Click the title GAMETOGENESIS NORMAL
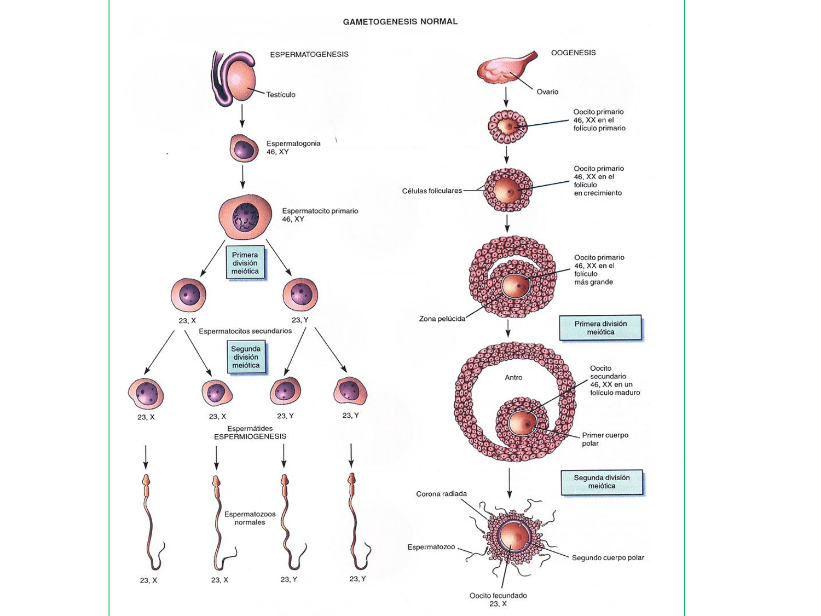pyautogui.click(x=400, y=22)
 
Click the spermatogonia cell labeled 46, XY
pyautogui.click(x=244, y=148)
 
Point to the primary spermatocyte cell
pyautogui.click(x=245, y=217)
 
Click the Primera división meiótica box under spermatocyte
pyautogui.click(x=245, y=263)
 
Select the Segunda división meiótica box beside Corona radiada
pyautogui.click(x=602, y=482)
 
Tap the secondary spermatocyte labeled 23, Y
pyautogui.click(x=300, y=295)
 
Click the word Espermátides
pyautogui.click(x=250, y=428)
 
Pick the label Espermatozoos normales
pyautogui.click(x=250, y=518)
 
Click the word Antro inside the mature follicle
pyautogui.click(x=513, y=377)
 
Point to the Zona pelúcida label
pyautogui.click(x=442, y=319)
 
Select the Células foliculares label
pyautogui.click(x=432, y=191)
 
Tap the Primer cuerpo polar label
pyautogui.click(x=604, y=439)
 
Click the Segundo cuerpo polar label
pyautogui.click(x=608, y=557)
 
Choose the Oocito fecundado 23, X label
pyautogui.click(x=498, y=600)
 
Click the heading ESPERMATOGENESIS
pyautogui.click(x=309, y=54)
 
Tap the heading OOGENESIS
pyautogui.click(x=573, y=53)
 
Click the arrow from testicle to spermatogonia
pyautogui.click(x=242, y=116)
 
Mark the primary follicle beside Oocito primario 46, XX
pyautogui.click(x=507, y=126)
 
